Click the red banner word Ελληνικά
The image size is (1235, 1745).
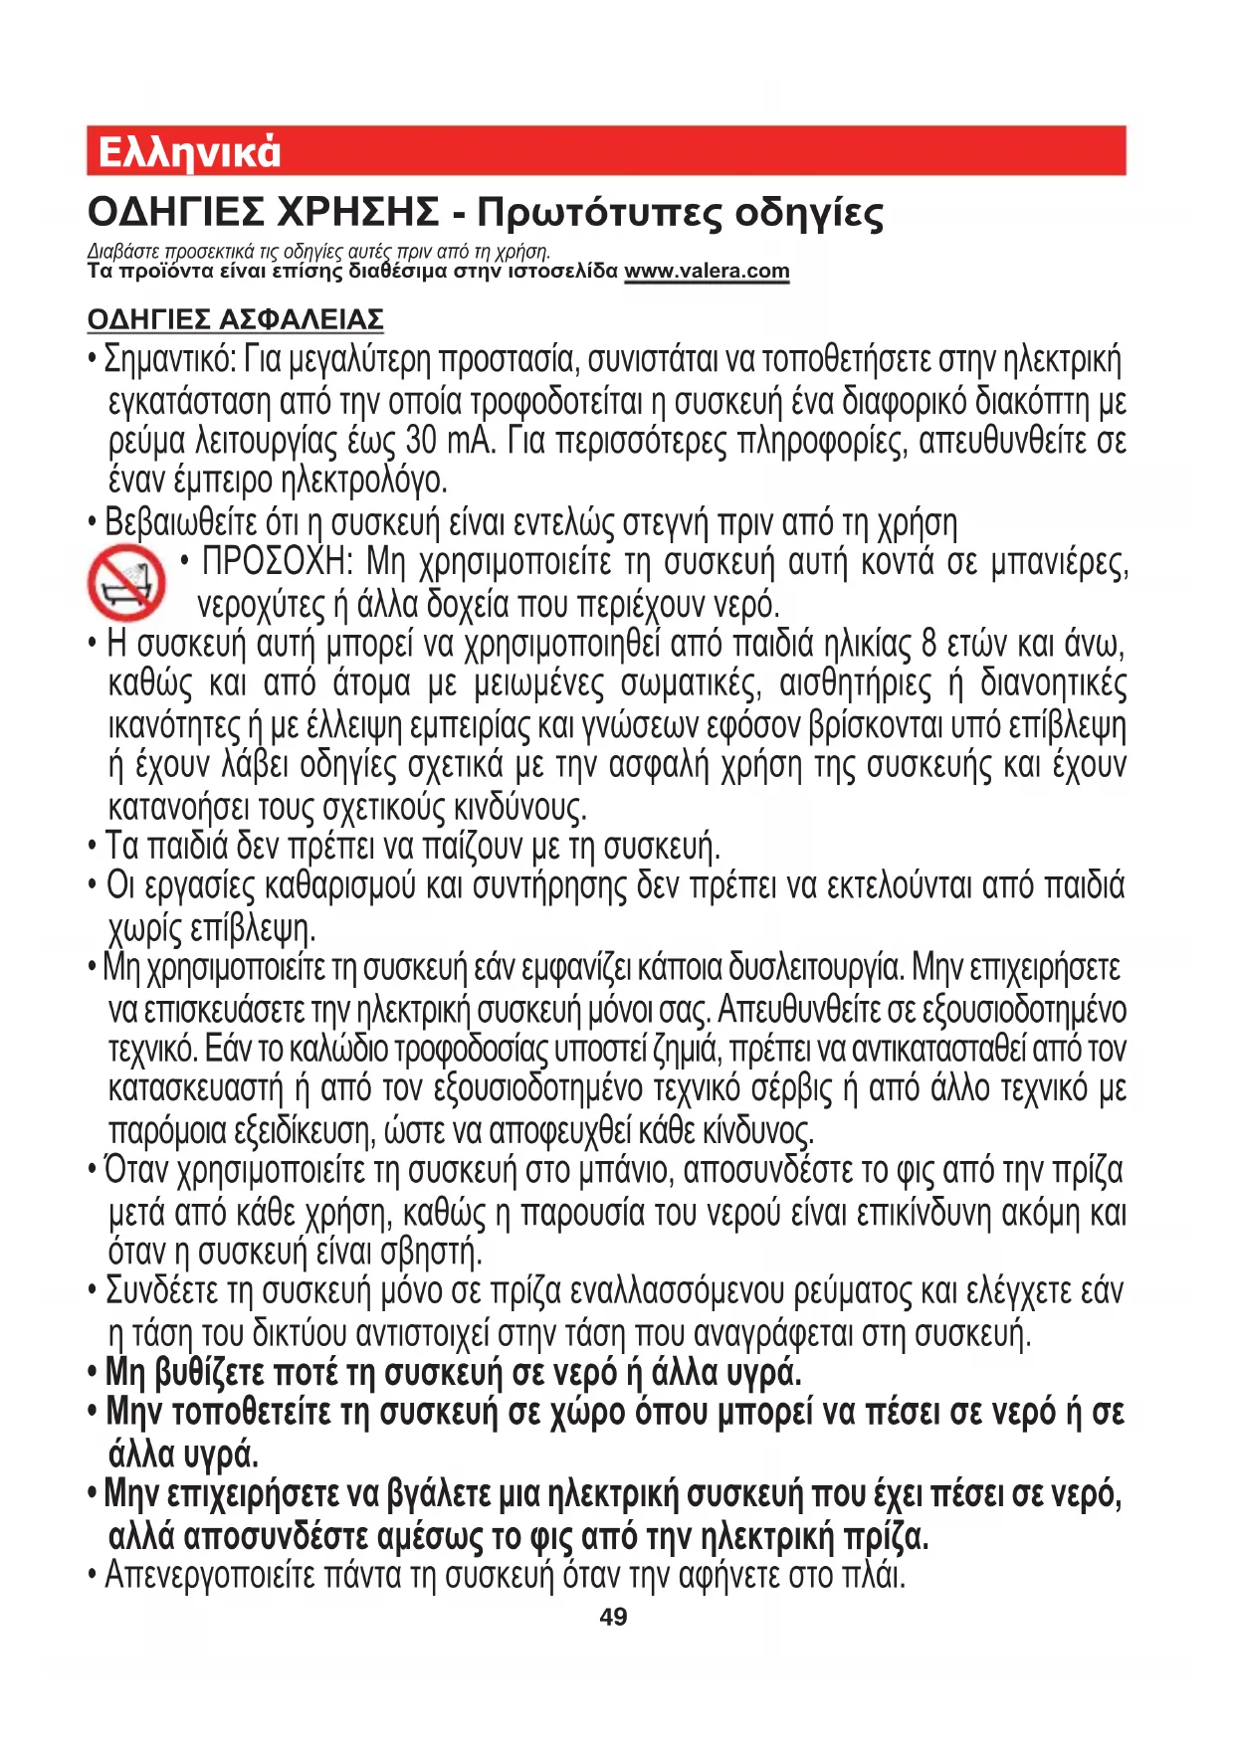[189, 152]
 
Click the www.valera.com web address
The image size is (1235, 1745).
[707, 271]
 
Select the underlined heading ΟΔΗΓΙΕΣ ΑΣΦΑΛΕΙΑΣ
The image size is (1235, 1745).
[235, 319]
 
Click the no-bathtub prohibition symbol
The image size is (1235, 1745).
[125, 583]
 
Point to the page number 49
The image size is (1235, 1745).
[613, 1617]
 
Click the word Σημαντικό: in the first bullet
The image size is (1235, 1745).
[169, 359]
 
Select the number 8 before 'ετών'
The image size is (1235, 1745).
[928, 645]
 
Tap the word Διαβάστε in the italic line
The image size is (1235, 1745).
[116, 251]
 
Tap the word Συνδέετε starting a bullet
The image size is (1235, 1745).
[161, 1291]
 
